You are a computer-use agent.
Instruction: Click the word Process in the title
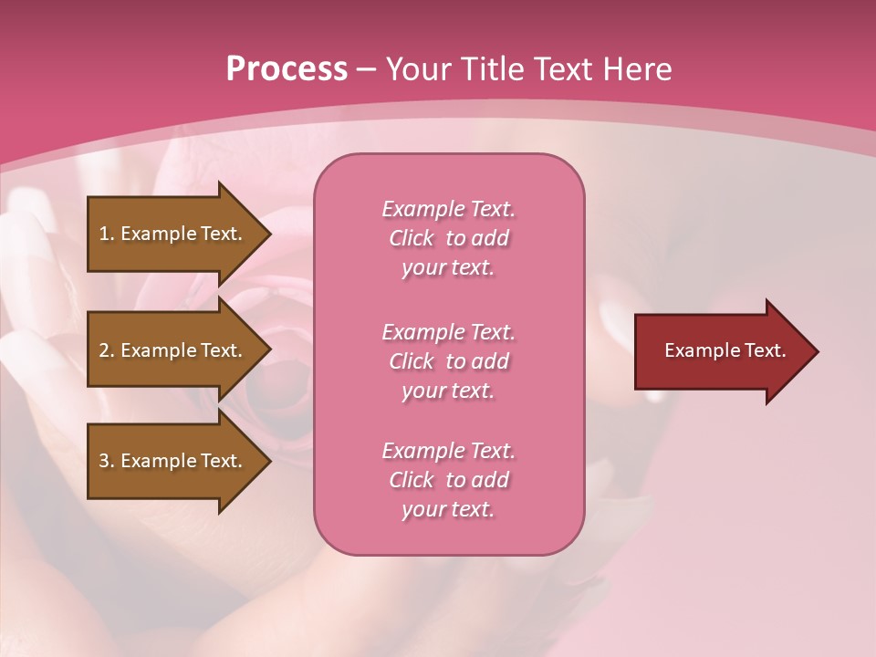pyautogui.click(x=287, y=69)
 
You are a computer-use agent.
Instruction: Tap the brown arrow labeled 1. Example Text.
pyautogui.click(x=173, y=234)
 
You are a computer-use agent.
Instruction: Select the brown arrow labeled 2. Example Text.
pyautogui.click(x=173, y=350)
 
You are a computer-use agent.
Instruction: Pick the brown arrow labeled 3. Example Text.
pyautogui.click(x=173, y=461)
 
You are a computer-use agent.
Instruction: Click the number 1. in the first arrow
pyautogui.click(x=107, y=234)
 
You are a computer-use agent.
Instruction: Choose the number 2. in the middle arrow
pyautogui.click(x=107, y=350)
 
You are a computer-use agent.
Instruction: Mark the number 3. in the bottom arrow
pyautogui.click(x=107, y=461)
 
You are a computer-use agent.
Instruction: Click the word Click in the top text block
pyautogui.click(x=412, y=238)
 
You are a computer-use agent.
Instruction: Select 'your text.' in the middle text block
pyautogui.click(x=448, y=391)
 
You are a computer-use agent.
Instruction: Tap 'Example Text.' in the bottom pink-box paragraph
pyautogui.click(x=448, y=451)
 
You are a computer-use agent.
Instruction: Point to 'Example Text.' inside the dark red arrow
pyautogui.click(x=725, y=350)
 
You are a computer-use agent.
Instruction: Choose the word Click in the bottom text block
pyautogui.click(x=412, y=480)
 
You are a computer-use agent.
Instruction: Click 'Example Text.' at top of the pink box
pyautogui.click(x=448, y=209)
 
